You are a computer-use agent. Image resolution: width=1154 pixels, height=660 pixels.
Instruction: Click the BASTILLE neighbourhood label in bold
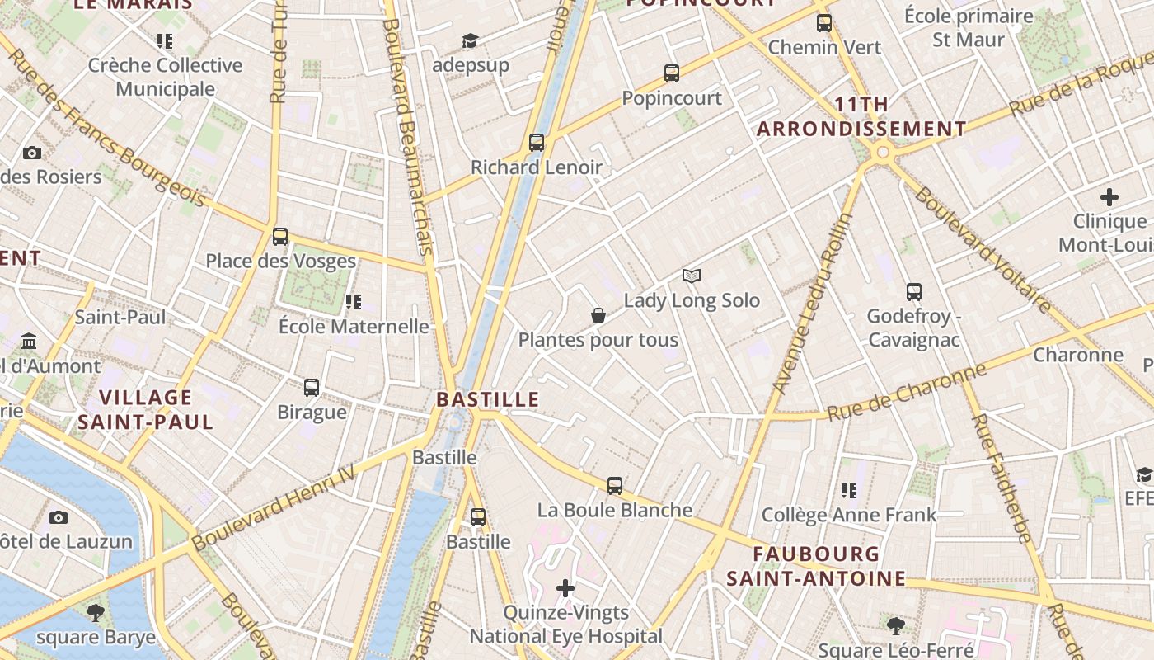(x=487, y=400)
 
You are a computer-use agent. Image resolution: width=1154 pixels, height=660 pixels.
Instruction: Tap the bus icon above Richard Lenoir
(x=537, y=143)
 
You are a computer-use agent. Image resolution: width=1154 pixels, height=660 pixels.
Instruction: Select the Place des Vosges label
(x=280, y=262)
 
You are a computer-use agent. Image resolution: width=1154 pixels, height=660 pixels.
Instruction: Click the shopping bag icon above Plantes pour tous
(x=598, y=315)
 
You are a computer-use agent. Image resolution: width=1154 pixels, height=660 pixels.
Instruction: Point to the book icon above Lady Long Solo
(x=691, y=276)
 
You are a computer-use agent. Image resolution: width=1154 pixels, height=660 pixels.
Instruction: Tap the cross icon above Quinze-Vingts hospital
(x=565, y=588)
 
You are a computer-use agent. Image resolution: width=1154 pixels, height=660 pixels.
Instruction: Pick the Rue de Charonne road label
(x=907, y=392)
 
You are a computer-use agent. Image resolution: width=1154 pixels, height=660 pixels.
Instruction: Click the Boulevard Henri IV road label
(x=273, y=507)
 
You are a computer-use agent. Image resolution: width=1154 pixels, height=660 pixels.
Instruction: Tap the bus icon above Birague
(x=312, y=387)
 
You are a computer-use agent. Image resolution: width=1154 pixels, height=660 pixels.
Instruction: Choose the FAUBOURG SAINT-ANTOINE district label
(x=815, y=566)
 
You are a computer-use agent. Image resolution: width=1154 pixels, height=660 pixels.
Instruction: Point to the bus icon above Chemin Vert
(x=824, y=23)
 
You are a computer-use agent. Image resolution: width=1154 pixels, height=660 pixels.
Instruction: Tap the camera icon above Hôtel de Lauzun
(x=58, y=517)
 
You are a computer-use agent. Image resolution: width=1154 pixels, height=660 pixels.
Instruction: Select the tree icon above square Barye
(x=96, y=612)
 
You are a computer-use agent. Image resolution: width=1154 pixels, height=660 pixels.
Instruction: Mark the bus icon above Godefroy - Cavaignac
(x=913, y=291)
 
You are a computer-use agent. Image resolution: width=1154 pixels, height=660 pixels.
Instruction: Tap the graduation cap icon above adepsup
(x=470, y=40)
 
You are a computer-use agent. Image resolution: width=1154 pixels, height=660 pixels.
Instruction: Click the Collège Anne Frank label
(x=848, y=516)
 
